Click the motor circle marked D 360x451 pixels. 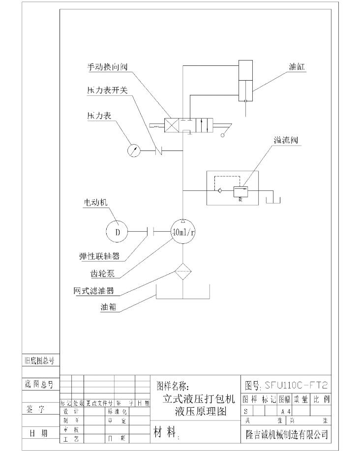click(117, 232)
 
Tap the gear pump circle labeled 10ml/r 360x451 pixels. click(182, 232)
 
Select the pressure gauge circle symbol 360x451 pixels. click(134, 150)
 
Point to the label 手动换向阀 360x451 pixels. click(107, 67)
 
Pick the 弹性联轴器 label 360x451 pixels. click(99, 256)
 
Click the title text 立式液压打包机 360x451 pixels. click(199, 397)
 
